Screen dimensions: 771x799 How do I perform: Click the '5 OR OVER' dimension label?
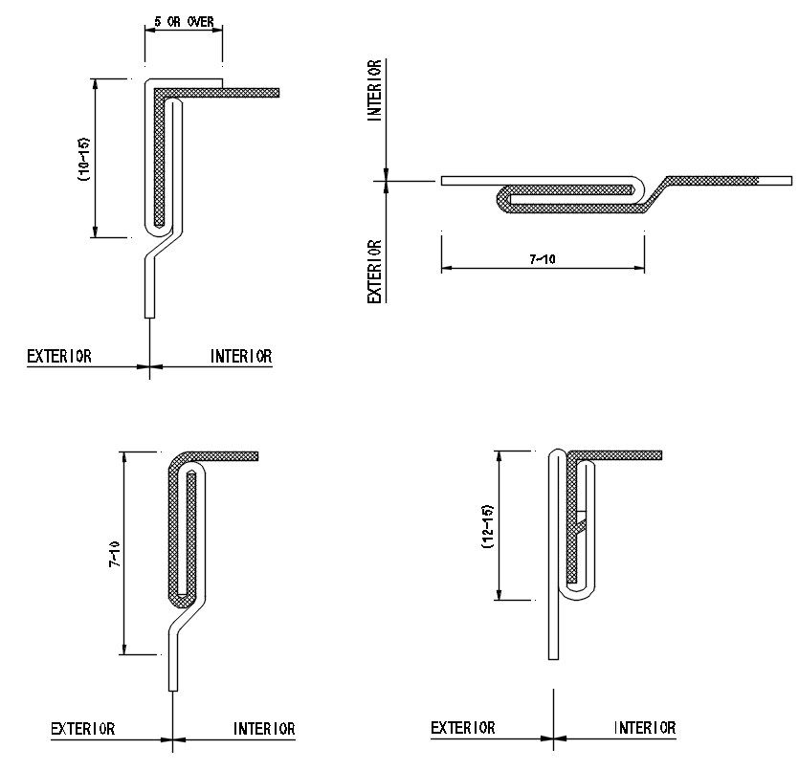click(183, 19)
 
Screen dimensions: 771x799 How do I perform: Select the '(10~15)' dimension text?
click(83, 158)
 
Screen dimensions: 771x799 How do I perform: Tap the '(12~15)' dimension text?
click(487, 526)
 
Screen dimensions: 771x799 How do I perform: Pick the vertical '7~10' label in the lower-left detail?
click(114, 555)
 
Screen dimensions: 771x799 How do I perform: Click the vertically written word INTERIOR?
click(376, 90)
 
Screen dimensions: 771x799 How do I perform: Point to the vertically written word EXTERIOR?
click(376, 272)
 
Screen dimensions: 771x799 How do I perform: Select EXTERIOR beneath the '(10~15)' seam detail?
click(59, 356)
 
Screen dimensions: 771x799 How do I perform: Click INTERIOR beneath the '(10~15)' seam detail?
click(241, 356)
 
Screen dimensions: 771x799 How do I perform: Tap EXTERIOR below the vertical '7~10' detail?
click(83, 729)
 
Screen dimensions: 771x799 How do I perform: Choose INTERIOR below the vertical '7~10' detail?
click(264, 729)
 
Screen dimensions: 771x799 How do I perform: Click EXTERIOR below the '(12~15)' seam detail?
click(463, 729)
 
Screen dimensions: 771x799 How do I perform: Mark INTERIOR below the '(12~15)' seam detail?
click(645, 729)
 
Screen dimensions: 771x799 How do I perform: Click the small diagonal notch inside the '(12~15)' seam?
click(580, 520)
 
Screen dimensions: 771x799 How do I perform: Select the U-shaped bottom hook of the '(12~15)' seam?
click(582, 593)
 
